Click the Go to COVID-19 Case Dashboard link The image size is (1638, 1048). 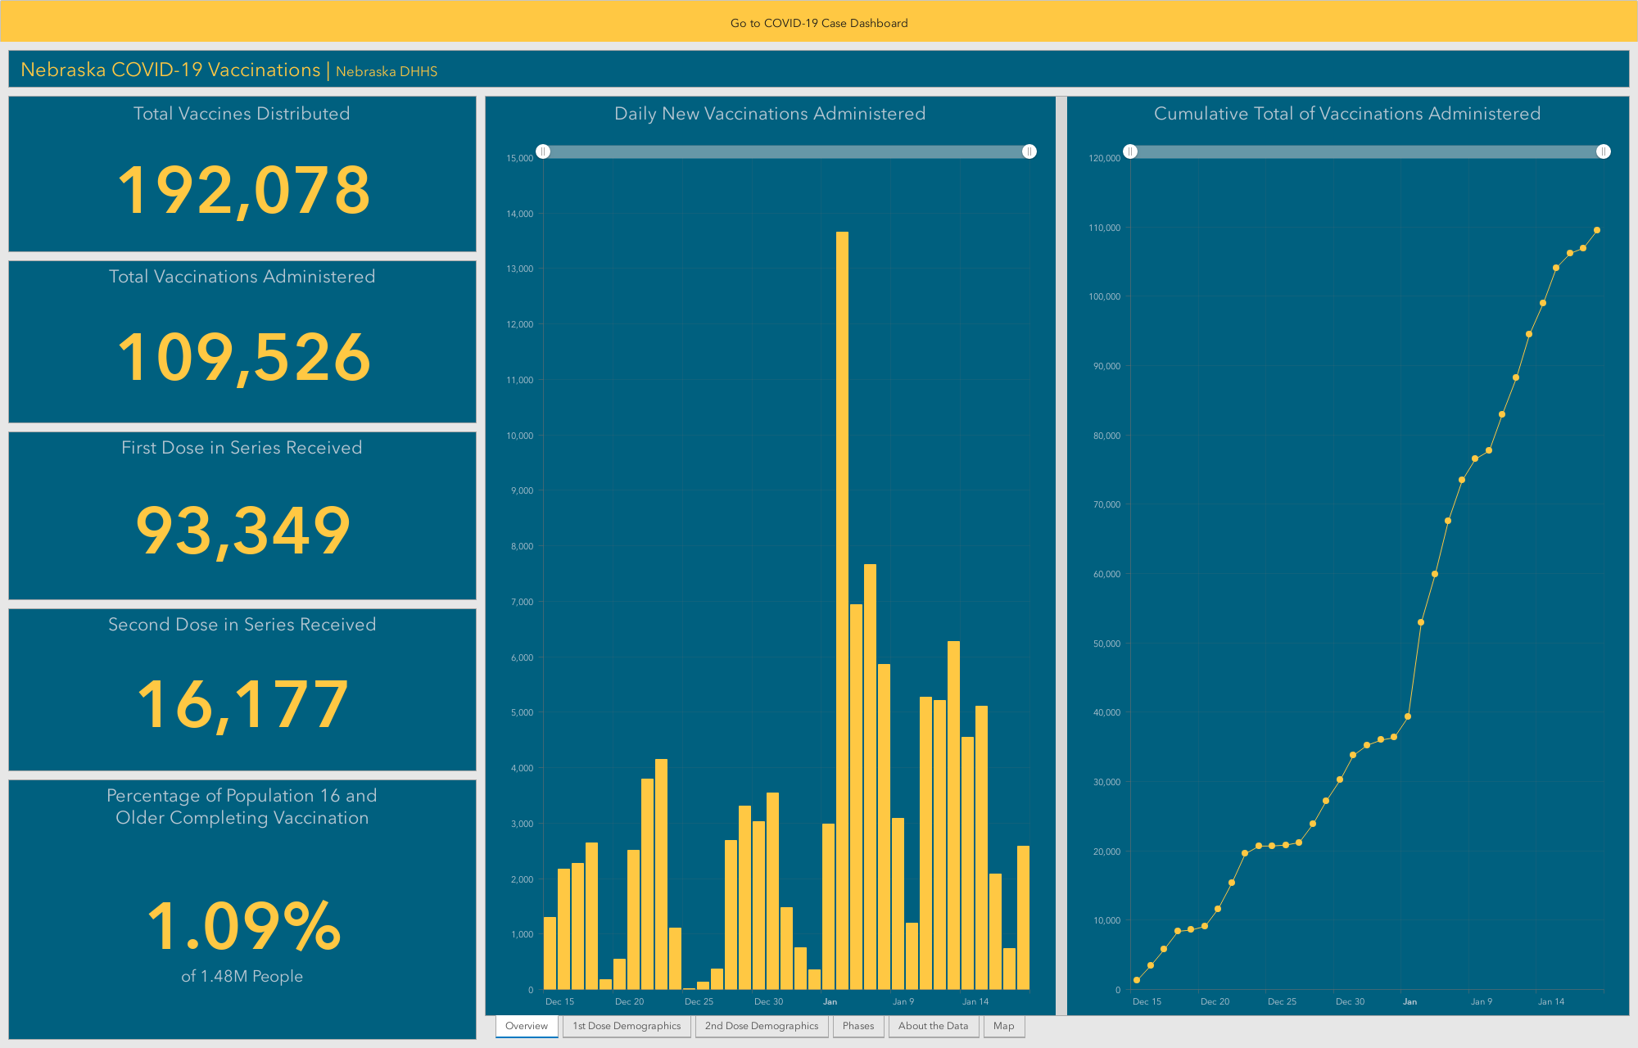tap(819, 23)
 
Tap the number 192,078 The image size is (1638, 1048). tap(244, 191)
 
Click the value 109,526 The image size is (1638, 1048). tap(244, 357)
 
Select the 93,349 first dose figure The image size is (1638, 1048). tap(243, 531)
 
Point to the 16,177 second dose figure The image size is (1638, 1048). tap(243, 704)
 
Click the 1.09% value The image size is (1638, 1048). tap(243, 925)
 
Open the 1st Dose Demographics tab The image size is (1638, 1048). tap(627, 1026)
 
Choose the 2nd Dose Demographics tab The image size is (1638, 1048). tap(762, 1026)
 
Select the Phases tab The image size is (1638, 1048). tap(858, 1026)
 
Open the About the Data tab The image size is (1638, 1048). tap(934, 1026)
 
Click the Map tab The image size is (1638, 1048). tap(1004, 1026)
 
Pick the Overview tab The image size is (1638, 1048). tap(527, 1026)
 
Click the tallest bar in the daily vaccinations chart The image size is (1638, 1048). tap(842, 611)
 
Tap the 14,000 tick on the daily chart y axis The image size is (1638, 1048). tap(520, 214)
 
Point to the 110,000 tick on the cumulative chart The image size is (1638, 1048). tap(1104, 228)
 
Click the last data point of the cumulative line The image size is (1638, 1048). tap(1597, 230)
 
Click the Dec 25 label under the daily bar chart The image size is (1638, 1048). tap(699, 1001)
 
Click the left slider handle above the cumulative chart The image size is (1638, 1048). tap(1130, 151)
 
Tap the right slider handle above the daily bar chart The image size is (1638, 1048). tap(1029, 151)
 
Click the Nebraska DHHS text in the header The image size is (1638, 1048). tap(387, 71)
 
